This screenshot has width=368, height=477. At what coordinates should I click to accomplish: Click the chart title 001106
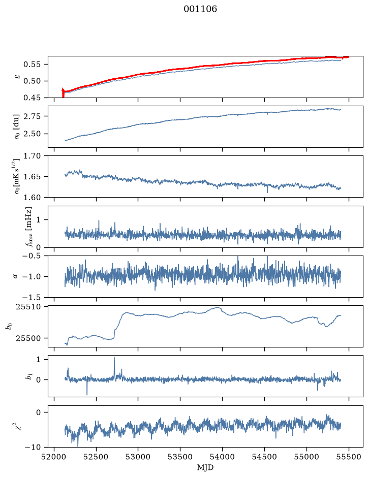(200, 9)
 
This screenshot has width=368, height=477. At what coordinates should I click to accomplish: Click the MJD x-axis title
(205, 467)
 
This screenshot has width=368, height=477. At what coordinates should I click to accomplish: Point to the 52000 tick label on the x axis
(54, 457)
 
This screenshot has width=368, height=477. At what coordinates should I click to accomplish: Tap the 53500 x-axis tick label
(180, 457)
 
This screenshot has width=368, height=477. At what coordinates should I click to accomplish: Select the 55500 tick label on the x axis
(349, 457)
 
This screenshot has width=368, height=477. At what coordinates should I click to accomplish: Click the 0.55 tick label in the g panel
(32, 65)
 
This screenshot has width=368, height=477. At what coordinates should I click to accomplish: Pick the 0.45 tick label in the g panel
(32, 98)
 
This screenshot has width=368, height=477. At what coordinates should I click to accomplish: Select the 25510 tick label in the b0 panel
(28, 307)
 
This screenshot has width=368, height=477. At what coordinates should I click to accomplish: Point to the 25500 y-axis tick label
(28, 338)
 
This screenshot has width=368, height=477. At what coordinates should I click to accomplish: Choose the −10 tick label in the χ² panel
(34, 447)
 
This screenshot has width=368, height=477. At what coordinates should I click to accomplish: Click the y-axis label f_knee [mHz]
(29, 227)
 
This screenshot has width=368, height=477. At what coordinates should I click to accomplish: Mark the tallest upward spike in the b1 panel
(114, 358)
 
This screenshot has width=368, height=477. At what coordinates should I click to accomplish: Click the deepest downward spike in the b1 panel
(87, 394)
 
